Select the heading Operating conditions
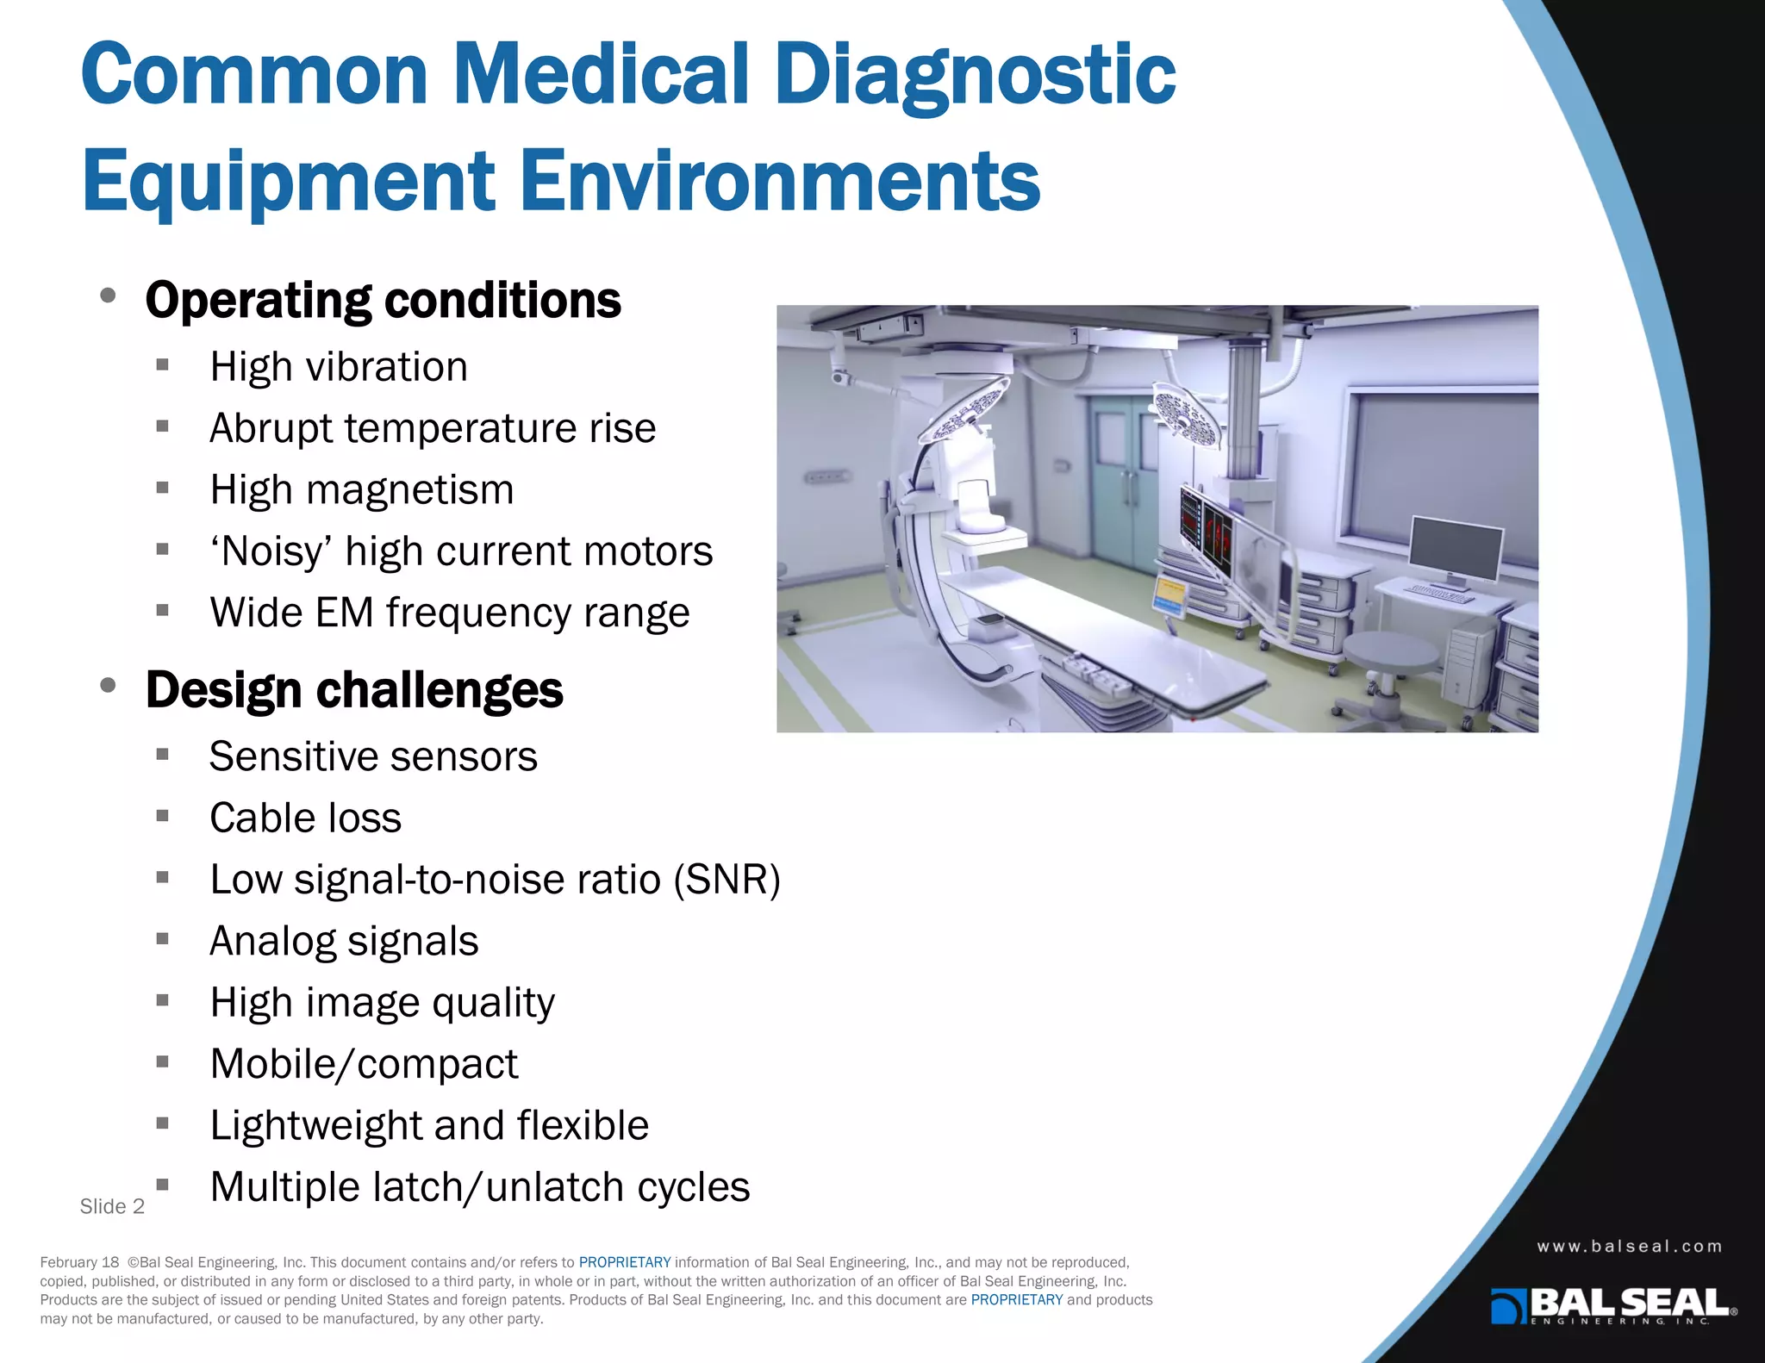coord(383,301)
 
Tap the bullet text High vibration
coord(339,367)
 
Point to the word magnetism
coord(409,490)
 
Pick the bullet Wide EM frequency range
coord(449,613)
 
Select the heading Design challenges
coord(354,690)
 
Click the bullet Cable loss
coord(305,818)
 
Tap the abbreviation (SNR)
coord(727,880)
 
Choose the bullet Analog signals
coord(344,941)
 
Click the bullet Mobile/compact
coord(364,1064)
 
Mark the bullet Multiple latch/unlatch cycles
coord(479,1187)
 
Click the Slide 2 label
coord(112,1206)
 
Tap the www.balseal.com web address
coord(1629,1247)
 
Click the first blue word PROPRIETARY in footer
coord(624,1262)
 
